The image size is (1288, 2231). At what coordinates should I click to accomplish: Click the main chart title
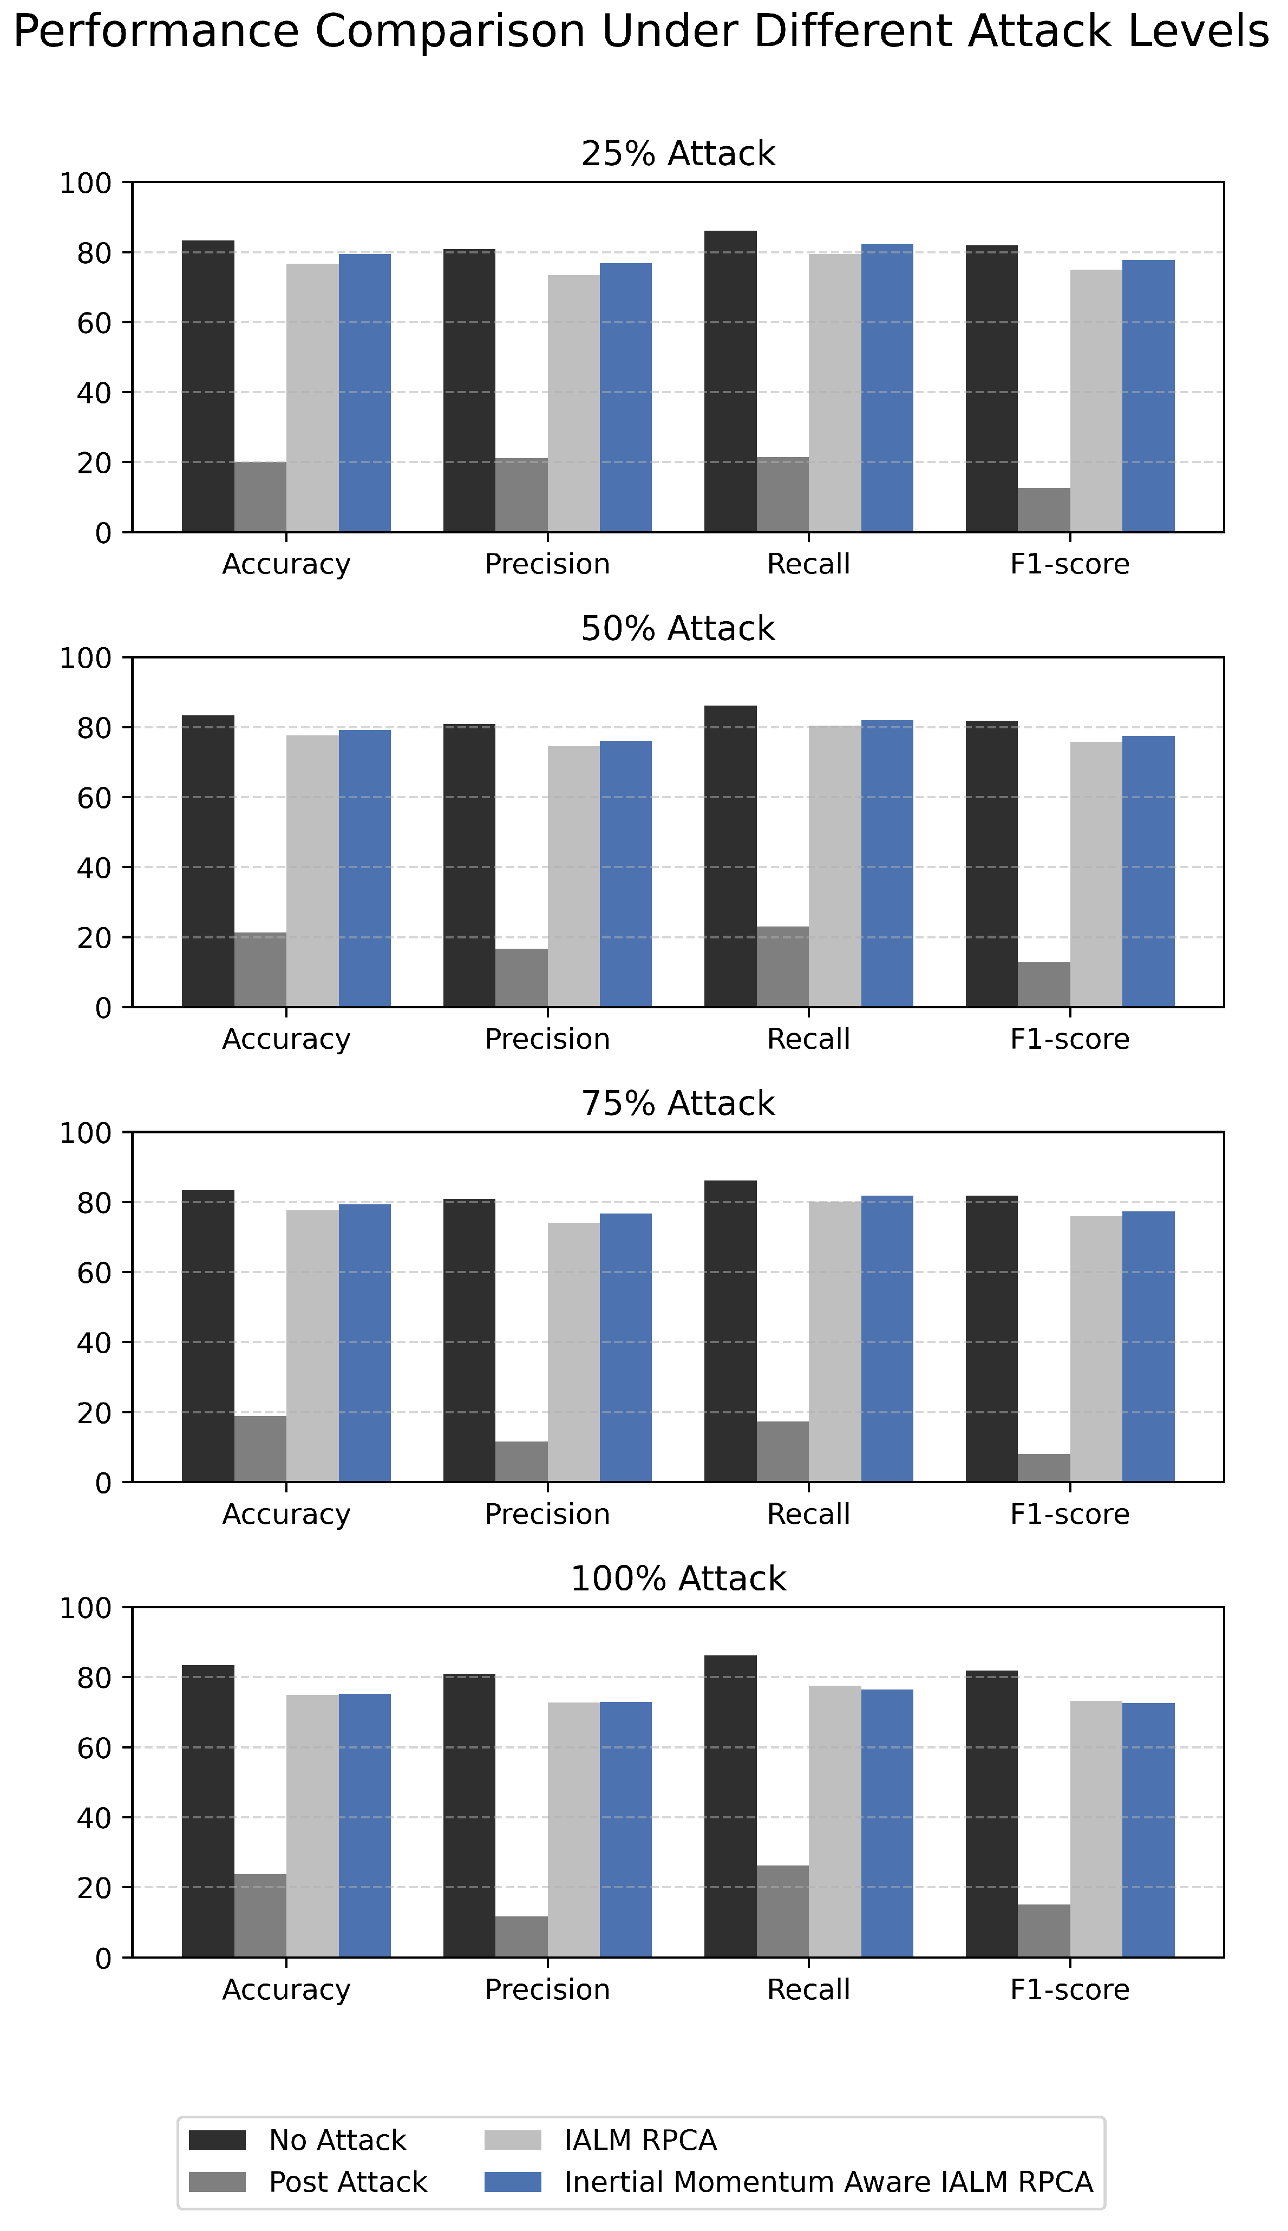click(642, 32)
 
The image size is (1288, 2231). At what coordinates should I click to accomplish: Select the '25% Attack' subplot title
click(678, 154)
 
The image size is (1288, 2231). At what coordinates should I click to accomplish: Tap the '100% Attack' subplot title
click(678, 1579)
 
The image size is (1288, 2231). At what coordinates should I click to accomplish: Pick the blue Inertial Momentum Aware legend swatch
click(513, 2182)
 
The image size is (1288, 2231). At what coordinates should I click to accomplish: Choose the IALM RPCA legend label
click(640, 2141)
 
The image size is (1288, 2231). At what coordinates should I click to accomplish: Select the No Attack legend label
click(337, 2141)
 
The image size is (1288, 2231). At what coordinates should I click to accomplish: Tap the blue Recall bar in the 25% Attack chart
click(887, 388)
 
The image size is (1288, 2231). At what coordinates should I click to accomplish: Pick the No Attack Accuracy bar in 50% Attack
click(208, 862)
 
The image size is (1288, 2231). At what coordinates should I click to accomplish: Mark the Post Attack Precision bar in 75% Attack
click(522, 1462)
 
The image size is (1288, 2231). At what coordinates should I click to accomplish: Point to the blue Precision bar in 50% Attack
click(626, 874)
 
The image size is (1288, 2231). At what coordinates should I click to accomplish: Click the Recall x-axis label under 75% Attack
click(808, 1515)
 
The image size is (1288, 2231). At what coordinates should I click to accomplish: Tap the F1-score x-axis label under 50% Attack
click(1070, 1040)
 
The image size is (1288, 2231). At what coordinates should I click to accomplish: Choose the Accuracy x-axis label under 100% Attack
click(286, 1991)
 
